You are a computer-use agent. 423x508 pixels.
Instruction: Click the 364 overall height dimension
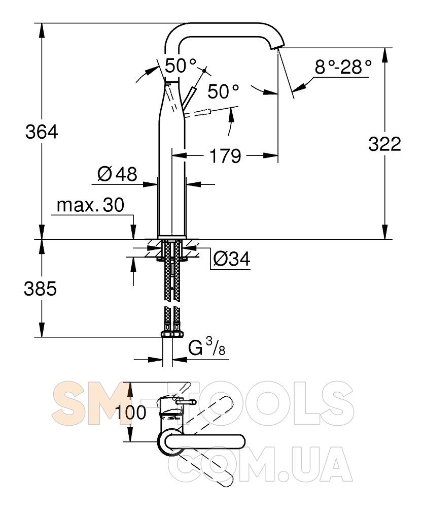pyautogui.click(x=42, y=132)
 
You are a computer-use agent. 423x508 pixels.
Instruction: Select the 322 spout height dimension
pyautogui.click(x=384, y=144)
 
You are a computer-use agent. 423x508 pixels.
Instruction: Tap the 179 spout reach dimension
pyautogui.click(x=225, y=156)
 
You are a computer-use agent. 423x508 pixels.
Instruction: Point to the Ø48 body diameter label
pyautogui.click(x=117, y=174)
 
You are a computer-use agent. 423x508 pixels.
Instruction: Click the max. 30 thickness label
pyautogui.click(x=90, y=205)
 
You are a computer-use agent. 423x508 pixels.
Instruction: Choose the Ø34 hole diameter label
pyautogui.click(x=232, y=259)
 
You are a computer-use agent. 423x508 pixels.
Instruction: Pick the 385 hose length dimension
pyautogui.click(x=41, y=289)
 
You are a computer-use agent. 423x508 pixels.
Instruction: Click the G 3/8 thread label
pyautogui.click(x=206, y=346)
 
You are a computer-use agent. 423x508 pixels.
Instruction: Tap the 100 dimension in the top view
pyautogui.click(x=131, y=412)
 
